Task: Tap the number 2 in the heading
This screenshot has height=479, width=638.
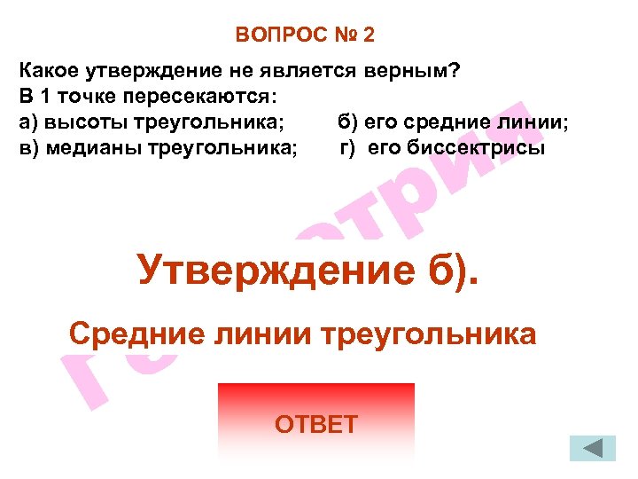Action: [x=368, y=35]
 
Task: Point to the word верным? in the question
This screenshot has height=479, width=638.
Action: [x=416, y=70]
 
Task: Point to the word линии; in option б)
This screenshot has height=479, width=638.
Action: [x=537, y=122]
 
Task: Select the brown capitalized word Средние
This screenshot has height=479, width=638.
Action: [x=134, y=334]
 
